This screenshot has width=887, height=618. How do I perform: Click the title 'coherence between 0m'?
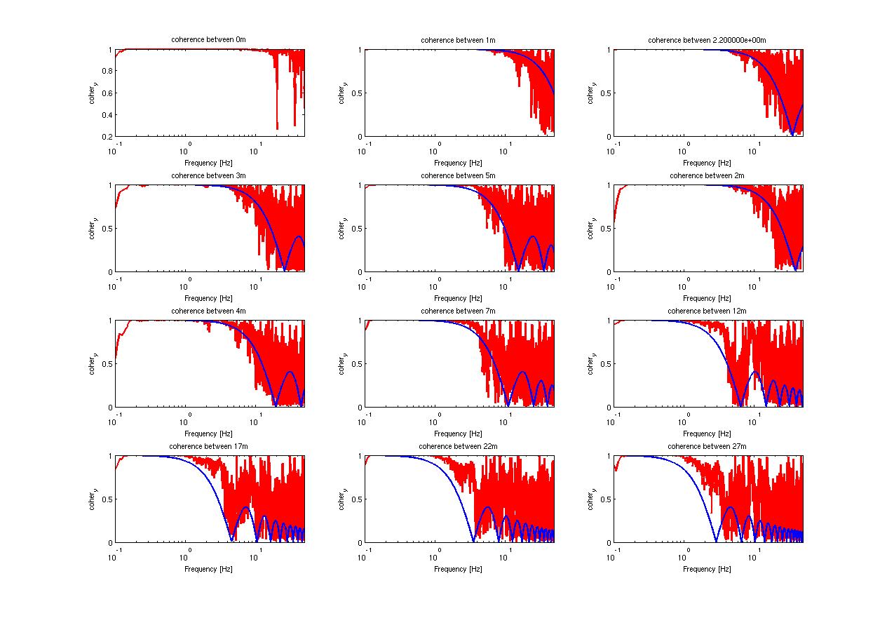click(208, 40)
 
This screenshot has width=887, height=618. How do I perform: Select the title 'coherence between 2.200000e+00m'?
click(707, 40)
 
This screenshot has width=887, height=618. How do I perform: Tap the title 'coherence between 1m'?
click(458, 40)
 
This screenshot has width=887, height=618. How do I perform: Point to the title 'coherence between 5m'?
click(458, 175)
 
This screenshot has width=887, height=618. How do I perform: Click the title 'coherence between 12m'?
click(707, 311)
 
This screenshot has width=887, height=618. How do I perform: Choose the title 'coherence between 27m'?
click(707, 446)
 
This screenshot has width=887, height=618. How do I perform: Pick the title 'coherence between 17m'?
click(208, 446)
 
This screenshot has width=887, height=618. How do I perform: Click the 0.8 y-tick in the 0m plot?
click(107, 72)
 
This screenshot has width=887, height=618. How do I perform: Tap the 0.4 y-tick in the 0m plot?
click(107, 115)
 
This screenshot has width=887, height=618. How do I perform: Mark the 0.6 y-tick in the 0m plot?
click(107, 93)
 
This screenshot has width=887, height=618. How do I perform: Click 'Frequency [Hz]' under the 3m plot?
click(208, 298)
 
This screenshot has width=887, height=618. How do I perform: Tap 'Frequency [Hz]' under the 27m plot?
click(707, 569)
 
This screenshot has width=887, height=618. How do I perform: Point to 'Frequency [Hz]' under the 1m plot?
click(458, 163)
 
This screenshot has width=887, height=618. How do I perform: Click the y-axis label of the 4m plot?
click(93, 364)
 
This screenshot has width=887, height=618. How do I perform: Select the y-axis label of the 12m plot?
click(591, 364)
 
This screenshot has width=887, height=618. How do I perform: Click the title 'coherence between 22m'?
click(458, 446)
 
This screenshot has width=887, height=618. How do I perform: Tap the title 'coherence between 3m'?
click(208, 175)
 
